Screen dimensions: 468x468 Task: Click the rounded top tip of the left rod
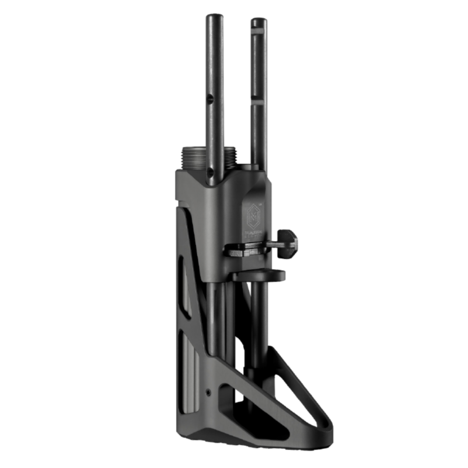click(x=212, y=17)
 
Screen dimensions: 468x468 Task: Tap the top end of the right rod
click(x=258, y=22)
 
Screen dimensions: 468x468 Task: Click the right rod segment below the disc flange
click(x=256, y=322)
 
